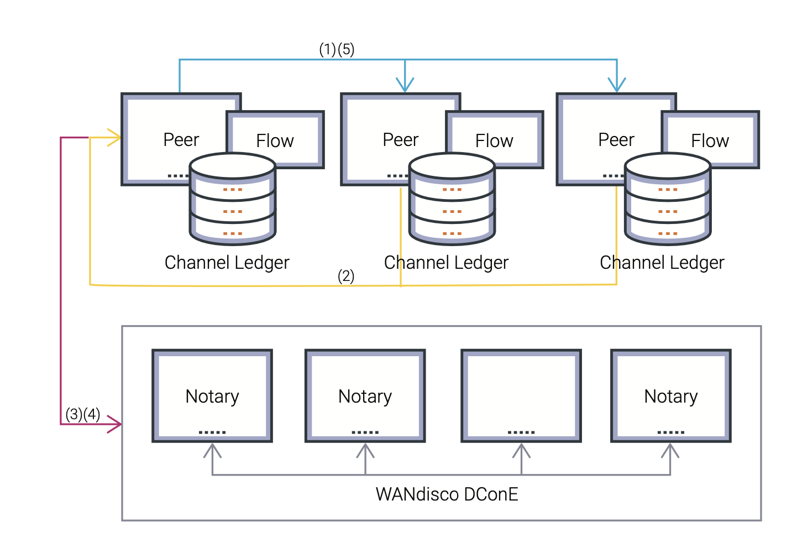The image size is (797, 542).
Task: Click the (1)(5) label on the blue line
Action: (337, 49)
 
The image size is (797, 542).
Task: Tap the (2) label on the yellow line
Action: (346, 276)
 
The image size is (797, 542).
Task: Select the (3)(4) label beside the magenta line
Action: (83, 414)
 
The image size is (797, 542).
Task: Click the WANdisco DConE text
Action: (447, 494)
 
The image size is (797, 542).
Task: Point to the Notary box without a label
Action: (521, 395)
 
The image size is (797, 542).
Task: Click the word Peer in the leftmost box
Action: (181, 140)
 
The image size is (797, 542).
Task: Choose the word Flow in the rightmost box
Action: (710, 141)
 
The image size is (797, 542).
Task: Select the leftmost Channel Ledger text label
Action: (227, 262)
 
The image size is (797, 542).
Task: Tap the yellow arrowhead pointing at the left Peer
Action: (115, 137)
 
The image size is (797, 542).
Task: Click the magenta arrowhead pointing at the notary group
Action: (115, 424)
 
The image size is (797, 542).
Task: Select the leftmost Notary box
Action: (212, 395)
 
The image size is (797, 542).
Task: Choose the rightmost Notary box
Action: (671, 395)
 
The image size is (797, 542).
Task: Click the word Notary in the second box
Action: (365, 397)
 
